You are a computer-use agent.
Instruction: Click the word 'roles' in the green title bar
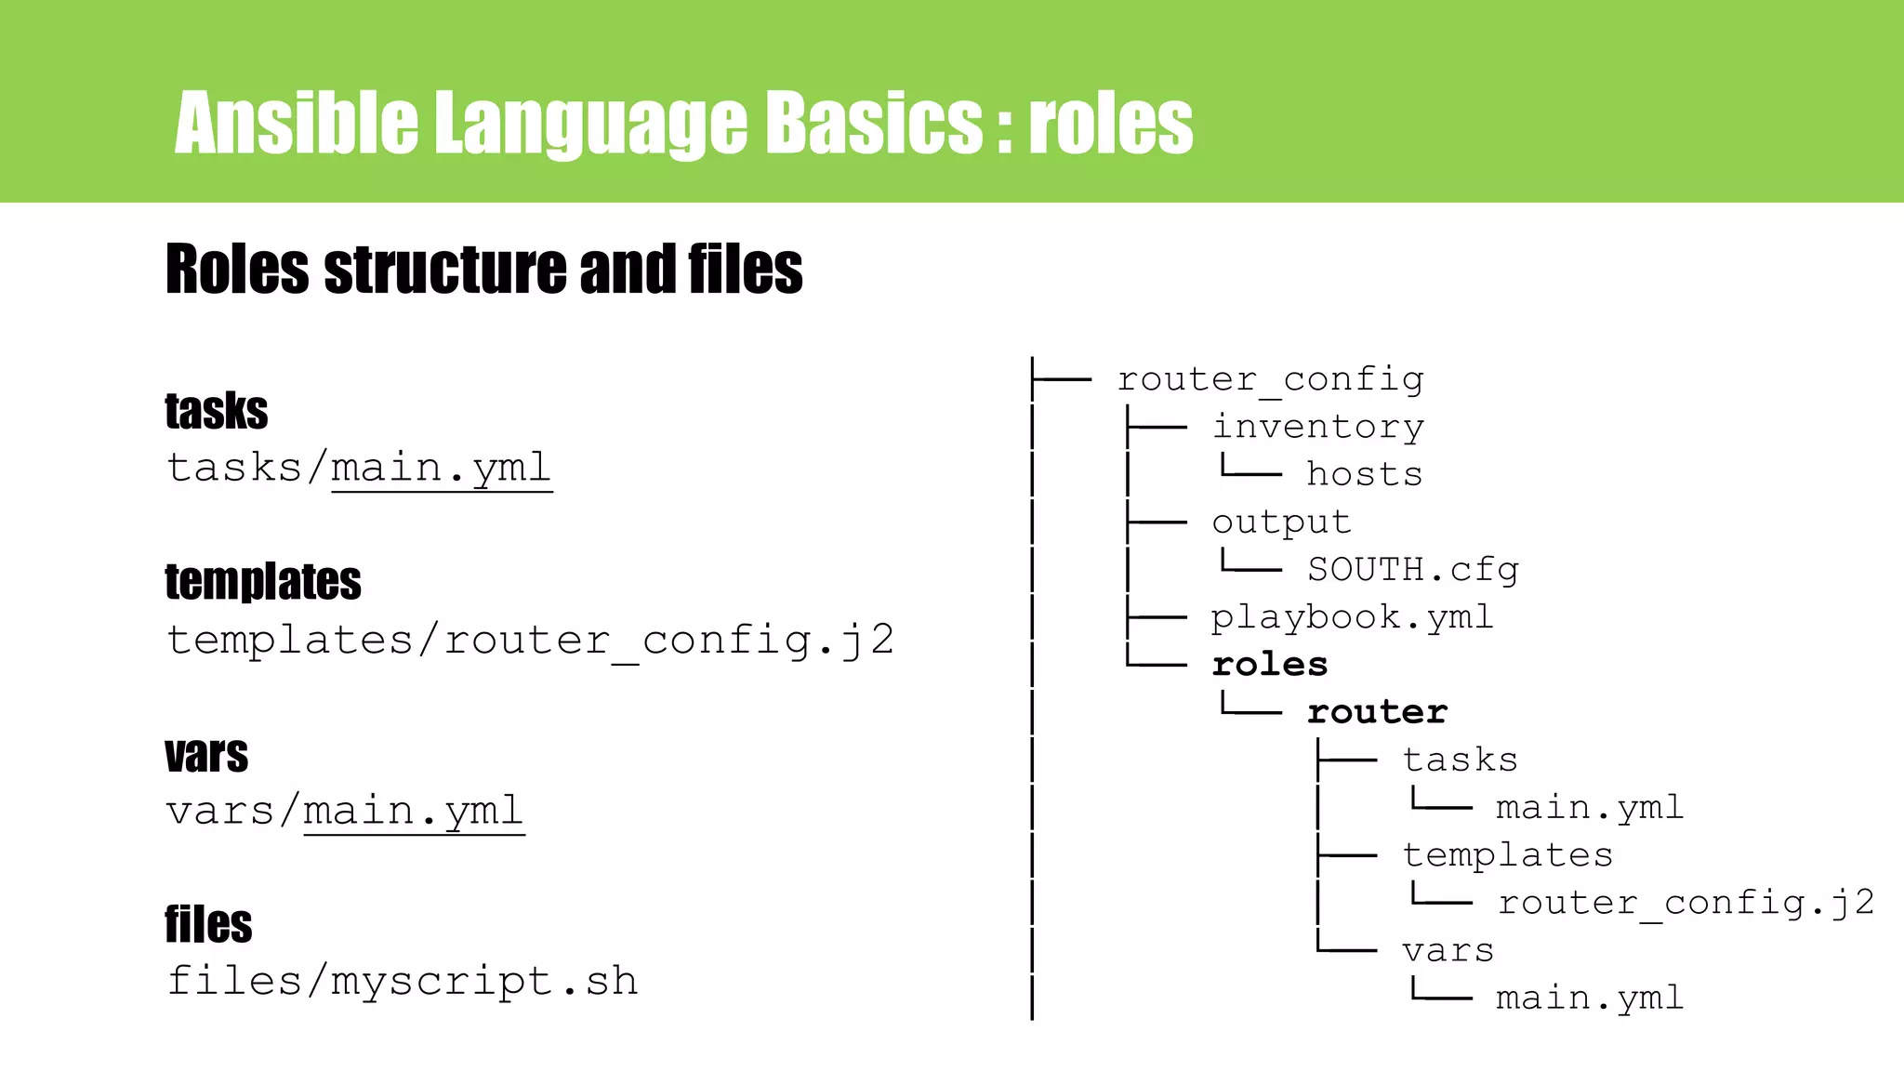point(1110,124)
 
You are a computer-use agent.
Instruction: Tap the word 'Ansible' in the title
point(296,124)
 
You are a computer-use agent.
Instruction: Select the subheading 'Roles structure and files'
point(483,270)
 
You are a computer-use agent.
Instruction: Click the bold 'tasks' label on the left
point(217,411)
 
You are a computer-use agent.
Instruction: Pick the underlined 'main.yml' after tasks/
point(442,468)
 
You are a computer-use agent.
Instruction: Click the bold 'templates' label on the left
point(263,582)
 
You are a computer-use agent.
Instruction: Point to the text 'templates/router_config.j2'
point(530,641)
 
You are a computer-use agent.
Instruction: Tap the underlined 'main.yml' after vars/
point(414,812)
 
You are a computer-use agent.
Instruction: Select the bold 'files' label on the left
point(209,924)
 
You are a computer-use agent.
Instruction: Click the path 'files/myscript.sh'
point(403,982)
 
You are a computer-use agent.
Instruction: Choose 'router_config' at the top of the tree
point(1270,379)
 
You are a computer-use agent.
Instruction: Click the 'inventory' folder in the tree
point(1317,427)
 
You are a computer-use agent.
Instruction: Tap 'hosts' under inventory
point(1364,474)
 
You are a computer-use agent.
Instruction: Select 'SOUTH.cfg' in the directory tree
point(1412,569)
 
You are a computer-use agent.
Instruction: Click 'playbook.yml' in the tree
point(1352,617)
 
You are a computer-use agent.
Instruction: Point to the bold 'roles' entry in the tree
point(1270,665)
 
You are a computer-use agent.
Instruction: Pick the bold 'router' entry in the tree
point(1377,712)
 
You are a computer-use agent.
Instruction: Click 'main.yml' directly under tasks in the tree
point(1590,807)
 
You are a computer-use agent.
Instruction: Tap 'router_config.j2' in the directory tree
point(1686,903)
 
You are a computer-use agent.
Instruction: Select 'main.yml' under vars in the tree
point(1590,998)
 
